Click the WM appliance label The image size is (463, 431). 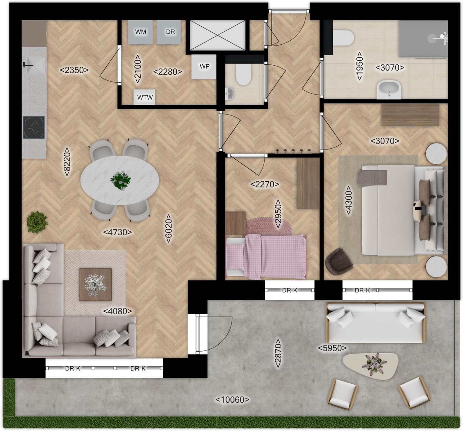(141, 32)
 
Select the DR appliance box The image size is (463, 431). (168, 32)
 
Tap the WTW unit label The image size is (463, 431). (145, 97)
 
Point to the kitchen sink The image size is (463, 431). (35, 65)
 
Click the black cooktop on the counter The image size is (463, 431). (34, 127)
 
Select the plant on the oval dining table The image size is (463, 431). (120, 180)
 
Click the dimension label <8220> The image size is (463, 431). (67, 161)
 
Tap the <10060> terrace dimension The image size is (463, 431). (232, 400)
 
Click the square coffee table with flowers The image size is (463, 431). (95, 284)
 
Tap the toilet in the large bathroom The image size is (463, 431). (343, 38)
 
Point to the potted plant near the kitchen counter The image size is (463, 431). (37, 222)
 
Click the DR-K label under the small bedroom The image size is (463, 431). (290, 290)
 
